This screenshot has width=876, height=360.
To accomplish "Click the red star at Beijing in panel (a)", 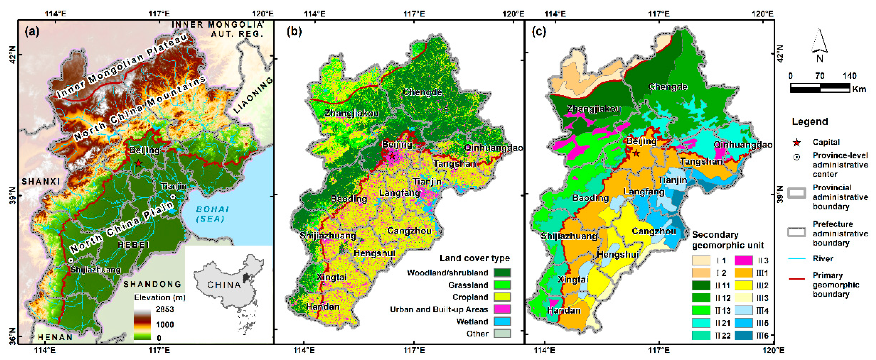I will click(x=138, y=163).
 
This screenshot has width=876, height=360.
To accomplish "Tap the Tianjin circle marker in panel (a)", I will click(x=173, y=197).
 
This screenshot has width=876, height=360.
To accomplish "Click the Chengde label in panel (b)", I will click(x=422, y=92).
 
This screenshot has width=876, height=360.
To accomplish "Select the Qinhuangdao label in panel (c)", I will click(x=743, y=145).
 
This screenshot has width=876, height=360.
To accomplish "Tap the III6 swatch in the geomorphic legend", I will click(x=743, y=335).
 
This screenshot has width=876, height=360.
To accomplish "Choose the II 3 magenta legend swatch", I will click(x=743, y=260).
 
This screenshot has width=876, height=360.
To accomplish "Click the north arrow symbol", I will click(x=820, y=44).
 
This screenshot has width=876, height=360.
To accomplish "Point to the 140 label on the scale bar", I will click(x=849, y=76).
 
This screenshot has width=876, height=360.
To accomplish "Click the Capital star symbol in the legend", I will click(x=796, y=142).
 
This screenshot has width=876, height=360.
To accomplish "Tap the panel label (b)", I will click(x=294, y=31).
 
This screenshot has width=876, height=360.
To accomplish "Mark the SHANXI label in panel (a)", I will click(x=41, y=181).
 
